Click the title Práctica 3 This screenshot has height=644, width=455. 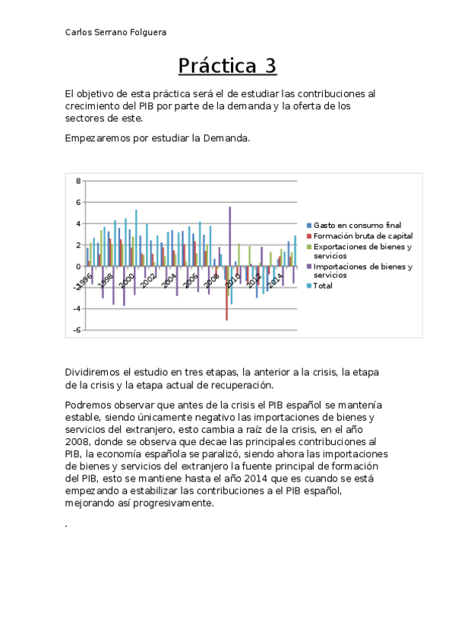227,66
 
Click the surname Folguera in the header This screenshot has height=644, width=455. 147,32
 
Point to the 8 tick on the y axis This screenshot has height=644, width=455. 77,182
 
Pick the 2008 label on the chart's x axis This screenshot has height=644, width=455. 212,280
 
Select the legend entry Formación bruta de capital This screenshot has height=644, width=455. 362,236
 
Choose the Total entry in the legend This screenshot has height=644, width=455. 323,286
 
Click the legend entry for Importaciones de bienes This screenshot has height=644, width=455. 362,267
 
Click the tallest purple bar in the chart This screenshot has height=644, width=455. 229,235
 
